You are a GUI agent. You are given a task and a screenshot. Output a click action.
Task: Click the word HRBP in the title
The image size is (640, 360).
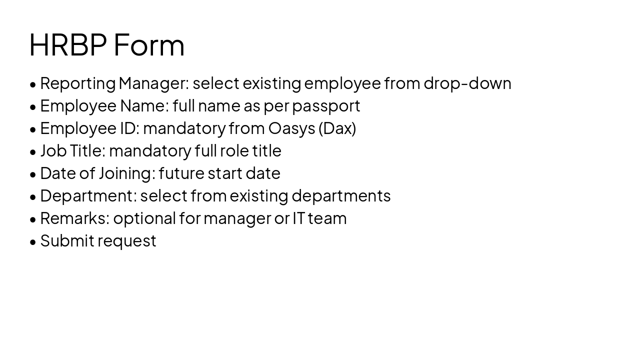68,45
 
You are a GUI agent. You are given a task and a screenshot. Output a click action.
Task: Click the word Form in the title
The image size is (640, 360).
149,45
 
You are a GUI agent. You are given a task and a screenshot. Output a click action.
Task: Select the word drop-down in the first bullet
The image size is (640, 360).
467,83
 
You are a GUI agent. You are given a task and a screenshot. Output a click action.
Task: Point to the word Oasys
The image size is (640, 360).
292,128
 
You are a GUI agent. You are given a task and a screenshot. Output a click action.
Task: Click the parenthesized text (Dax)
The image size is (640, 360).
337,128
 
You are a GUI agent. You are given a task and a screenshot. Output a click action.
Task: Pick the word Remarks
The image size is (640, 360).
74,218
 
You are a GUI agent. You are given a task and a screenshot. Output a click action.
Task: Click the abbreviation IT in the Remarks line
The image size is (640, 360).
298,218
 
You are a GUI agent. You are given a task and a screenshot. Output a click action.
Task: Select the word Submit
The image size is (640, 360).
67,240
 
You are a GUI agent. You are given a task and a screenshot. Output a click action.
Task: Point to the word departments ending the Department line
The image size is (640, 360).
341,196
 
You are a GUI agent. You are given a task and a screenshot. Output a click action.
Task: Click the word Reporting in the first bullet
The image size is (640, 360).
77,83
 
